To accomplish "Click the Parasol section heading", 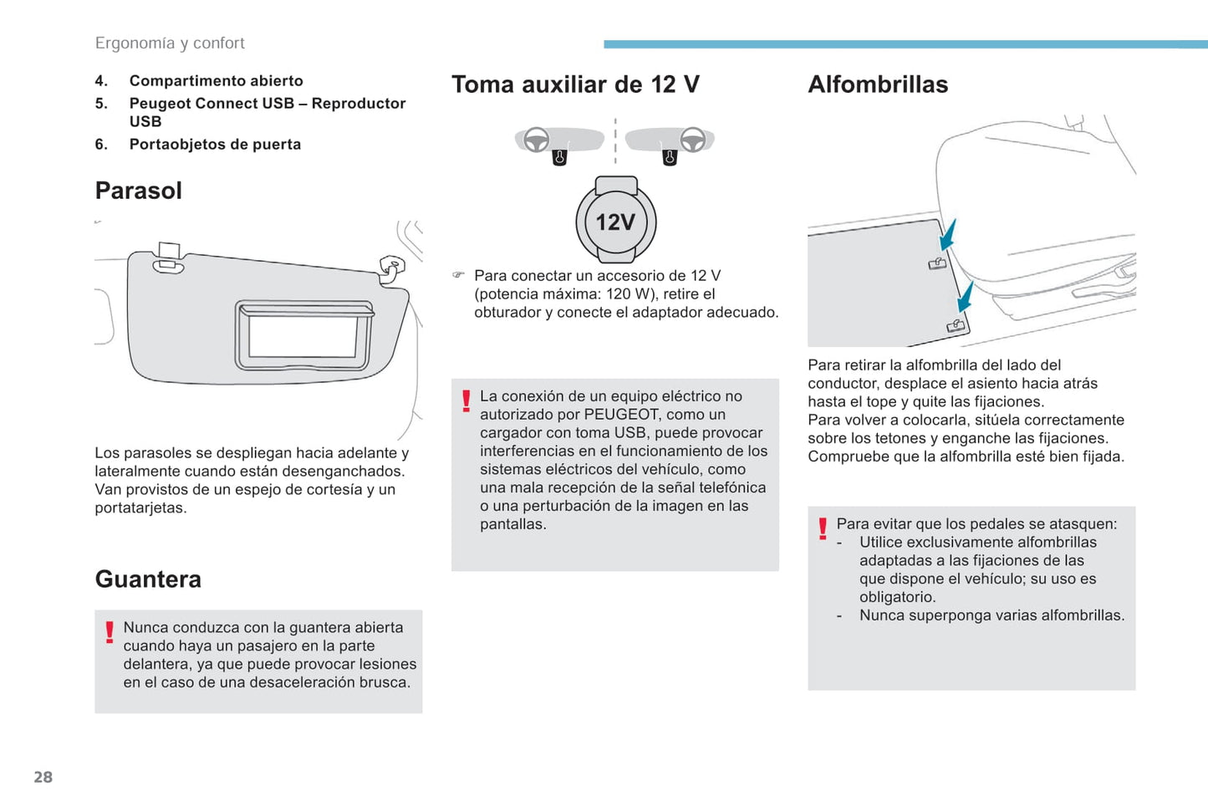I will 138,191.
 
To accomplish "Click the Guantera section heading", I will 148,579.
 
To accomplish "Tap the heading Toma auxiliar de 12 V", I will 575,84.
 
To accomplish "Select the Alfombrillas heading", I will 878,84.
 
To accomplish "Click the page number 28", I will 43,777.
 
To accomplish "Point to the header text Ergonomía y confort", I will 170,43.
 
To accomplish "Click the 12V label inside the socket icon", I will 615,222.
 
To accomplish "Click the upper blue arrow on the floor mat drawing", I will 948,235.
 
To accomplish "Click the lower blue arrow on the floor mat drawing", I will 966,296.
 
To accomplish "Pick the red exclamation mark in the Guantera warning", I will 110,632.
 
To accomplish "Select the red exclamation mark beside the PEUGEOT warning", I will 466,401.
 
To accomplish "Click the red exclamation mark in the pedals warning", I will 823,528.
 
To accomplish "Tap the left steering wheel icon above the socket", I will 537,140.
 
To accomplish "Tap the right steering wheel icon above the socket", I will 692,140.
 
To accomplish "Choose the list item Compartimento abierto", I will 216,81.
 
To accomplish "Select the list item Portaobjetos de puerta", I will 215,145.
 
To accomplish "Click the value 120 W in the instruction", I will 631,294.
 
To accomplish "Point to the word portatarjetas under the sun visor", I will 140,508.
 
